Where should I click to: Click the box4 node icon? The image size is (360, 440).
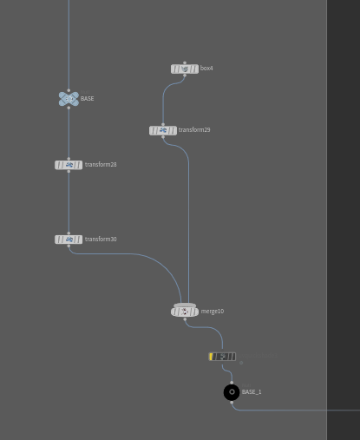[185, 69]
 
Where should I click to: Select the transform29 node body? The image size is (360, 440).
[163, 130]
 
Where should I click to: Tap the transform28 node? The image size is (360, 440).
[69, 165]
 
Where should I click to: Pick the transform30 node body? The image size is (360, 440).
[69, 240]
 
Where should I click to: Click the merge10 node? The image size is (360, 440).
[185, 311]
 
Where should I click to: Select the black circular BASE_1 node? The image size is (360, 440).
[232, 392]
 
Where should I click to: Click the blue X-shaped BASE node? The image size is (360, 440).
[69, 99]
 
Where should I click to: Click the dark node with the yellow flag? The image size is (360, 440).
[222, 357]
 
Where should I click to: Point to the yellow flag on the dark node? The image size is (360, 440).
[211, 357]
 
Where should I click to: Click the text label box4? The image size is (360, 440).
[206, 69]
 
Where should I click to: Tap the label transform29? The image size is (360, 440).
[194, 130]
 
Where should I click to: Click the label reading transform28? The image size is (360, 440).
[101, 165]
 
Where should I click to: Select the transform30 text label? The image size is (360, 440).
[101, 240]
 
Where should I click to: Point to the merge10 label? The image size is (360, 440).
[213, 312]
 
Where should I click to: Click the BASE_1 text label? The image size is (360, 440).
[252, 392]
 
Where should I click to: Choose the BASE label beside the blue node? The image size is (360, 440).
[88, 99]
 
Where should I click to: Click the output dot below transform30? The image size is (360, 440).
[69, 246]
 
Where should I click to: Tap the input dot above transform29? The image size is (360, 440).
[163, 124]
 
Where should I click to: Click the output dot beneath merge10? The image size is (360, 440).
[185, 319]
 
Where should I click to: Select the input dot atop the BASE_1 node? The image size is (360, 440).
[232, 383]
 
